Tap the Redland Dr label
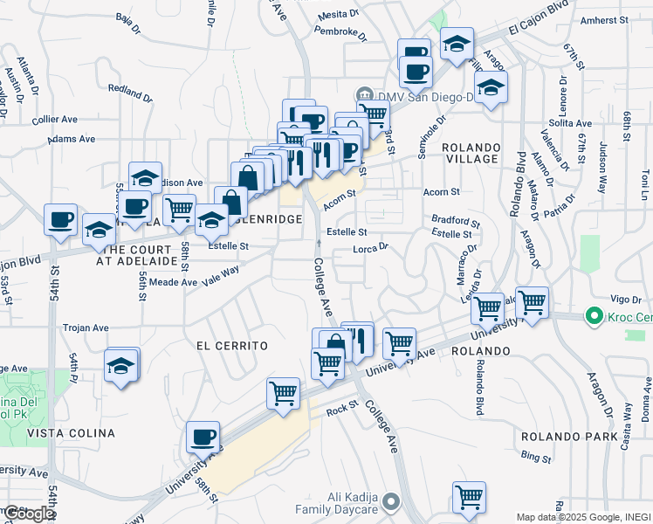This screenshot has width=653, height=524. coord(130,90)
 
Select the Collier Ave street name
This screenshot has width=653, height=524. coord(55,120)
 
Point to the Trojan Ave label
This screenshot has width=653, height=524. coord(86,328)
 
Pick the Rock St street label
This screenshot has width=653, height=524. coord(342,408)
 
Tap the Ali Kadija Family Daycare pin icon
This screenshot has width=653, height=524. coord(391,502)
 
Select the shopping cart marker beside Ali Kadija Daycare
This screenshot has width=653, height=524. coord(470,497)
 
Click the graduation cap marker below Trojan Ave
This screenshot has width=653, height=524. coord(121,366)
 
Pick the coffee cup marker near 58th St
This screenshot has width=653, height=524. coord(203,437)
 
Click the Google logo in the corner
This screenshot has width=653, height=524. coord(28,514)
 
